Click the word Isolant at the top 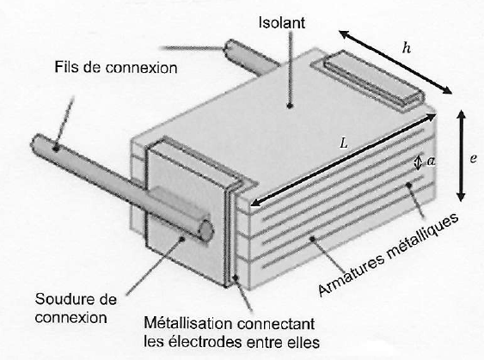click(x=282, y=23)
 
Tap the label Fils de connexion click(x=116, y=68)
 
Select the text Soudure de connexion click(x=76, y=308)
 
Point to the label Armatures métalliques click(x=389, y=255)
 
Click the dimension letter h click(x=407, y=48)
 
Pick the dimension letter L click(x=344, y=143)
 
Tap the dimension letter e click(x=473, y=159)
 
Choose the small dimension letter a click(x=431, y=161)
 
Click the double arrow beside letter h click(x=395, y=62)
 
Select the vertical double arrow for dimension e click(x=461, y=156)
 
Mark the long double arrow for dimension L click(x=343, y=160)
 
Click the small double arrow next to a click(x=418, y=162)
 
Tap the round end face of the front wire click(x=206, y=231)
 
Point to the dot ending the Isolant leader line click(x=290, y=106)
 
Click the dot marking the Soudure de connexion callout click(x=182, y=238)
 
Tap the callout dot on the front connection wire click(x=56, y=149)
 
